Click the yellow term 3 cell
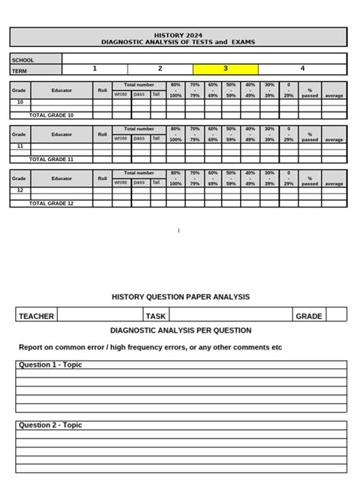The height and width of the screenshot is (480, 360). tap(226, 69)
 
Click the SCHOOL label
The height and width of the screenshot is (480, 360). tap(23, 60)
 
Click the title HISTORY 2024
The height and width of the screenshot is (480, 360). tap(178, 36)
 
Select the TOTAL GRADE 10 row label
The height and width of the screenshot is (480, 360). tap(51, 115)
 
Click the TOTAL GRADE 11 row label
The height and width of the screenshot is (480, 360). tap(51, 160)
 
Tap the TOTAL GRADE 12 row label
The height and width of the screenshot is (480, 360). tap(51, 204)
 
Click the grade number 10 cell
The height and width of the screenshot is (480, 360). tap(20, 102)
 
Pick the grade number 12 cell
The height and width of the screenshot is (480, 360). tap(20, 190)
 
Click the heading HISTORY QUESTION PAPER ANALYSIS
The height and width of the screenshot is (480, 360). tap(180, 297)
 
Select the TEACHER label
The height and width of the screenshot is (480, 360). tap(36, 316)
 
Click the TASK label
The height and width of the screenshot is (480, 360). tap(156, 316)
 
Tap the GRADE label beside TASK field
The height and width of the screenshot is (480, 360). tap(309, 316)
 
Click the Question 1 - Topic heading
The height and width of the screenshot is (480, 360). tap(50, 365)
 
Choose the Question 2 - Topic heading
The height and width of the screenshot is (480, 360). tap(50, 425)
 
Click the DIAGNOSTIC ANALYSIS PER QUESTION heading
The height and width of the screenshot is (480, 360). tap(181, 331)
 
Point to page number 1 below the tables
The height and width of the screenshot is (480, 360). tap(178, 230)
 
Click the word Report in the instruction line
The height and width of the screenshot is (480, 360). tap(31, 347)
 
